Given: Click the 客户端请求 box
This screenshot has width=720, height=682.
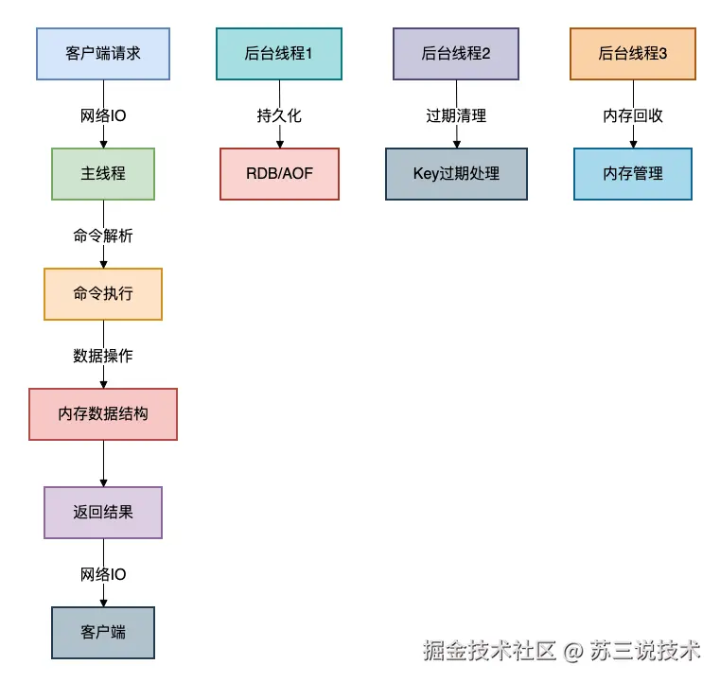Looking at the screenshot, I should tap(103, 54).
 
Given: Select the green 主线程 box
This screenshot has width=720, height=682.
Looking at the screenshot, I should tap(103, 174).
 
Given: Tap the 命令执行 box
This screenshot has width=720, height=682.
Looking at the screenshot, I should tap(103, 294).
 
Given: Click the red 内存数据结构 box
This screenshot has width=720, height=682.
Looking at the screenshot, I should tap(103, 414).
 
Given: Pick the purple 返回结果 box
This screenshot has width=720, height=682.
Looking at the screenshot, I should tap(103, 513).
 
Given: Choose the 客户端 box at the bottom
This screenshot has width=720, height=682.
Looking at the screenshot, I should tap(103, 633).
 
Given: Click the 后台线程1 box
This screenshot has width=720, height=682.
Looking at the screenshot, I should tap(279, 54).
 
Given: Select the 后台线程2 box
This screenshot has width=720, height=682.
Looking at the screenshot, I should tap(456, 54).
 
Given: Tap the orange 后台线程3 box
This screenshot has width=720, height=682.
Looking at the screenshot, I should tap(633, 54).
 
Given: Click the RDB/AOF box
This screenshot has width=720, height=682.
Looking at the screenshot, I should tap(279, 174).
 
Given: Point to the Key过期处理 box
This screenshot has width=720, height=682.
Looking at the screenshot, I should tap(456, 174).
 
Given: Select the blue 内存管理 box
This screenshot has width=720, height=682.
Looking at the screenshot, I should tap(633, 174).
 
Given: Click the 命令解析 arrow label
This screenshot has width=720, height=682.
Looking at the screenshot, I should tap(103, 236).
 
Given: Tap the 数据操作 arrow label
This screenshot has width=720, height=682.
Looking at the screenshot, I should tap(103, 356).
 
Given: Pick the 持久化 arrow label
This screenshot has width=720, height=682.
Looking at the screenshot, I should tap(279, 115).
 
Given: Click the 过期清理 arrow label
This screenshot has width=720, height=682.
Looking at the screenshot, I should tap(456, 115).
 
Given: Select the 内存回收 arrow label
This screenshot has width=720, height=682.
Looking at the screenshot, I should tap(633, 115).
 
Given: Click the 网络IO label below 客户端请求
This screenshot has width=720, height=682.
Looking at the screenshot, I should tap(103, 115).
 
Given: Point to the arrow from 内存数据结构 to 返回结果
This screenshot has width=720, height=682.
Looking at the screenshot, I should tap(103, 463).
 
